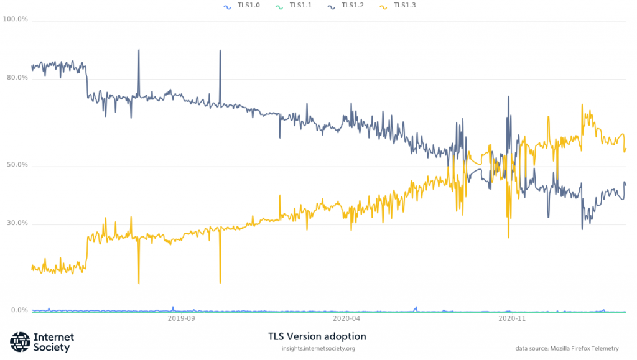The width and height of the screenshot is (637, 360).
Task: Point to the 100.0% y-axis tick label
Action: click(16, 19)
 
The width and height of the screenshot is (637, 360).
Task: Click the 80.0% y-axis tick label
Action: click(17, 78)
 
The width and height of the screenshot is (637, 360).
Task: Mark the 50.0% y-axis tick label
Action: click(17, 165)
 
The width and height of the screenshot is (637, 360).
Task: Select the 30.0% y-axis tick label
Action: click(17, 223)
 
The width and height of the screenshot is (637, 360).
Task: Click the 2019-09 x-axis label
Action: click(182, 318)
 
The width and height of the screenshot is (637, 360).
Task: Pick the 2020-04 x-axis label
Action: click(347, 318)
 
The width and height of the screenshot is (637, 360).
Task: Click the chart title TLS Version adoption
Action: click(317, 336)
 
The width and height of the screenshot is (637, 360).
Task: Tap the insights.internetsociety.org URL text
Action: click(318, 349)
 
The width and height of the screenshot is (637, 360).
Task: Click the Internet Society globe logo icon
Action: click(20, 342)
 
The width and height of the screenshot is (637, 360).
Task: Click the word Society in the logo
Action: click(52, 348)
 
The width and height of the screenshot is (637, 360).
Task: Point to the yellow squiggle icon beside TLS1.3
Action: click(384, 6)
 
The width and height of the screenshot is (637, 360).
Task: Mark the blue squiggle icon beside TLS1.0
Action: click(227, 6)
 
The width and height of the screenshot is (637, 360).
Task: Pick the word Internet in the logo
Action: click(54, 337)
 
